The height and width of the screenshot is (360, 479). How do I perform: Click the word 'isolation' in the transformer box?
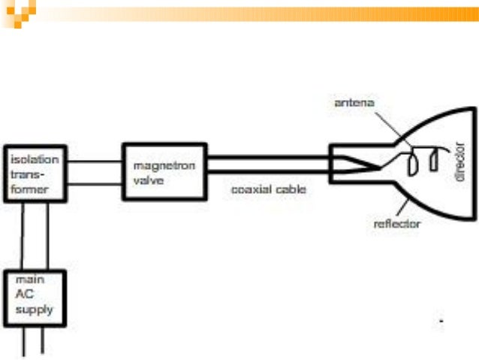coord(29,161)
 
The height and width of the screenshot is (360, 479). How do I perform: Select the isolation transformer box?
coord(35,174)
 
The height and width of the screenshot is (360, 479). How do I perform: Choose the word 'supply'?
coord(32,308)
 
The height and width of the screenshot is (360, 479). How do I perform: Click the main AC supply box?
coord(35,298)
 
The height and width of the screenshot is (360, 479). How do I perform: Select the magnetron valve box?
coord(164,171)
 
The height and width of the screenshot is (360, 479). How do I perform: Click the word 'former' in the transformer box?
coord(29,189)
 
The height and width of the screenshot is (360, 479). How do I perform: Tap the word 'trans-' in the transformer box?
coord(27,175)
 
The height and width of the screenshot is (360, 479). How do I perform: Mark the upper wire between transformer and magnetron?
coord(95,160)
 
